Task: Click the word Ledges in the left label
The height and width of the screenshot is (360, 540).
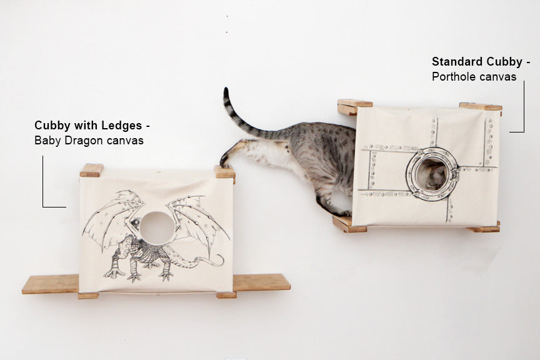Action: [125, 126]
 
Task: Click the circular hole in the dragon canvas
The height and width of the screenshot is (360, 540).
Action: [156, 227]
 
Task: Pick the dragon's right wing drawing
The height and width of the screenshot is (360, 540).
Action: [200, 219]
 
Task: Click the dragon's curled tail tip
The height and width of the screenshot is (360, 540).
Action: [219, 259]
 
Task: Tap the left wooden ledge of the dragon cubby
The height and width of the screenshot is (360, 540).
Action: [50, 284]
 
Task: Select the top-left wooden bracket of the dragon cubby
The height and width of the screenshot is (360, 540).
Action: [91, 170]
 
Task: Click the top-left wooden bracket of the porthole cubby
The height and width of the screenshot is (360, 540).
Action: [354, 107]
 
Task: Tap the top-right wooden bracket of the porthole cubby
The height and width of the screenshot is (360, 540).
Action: [481, 107]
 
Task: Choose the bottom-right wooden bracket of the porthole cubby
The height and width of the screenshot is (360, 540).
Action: [484, 227]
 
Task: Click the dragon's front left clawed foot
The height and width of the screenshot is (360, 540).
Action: [115, 272]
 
